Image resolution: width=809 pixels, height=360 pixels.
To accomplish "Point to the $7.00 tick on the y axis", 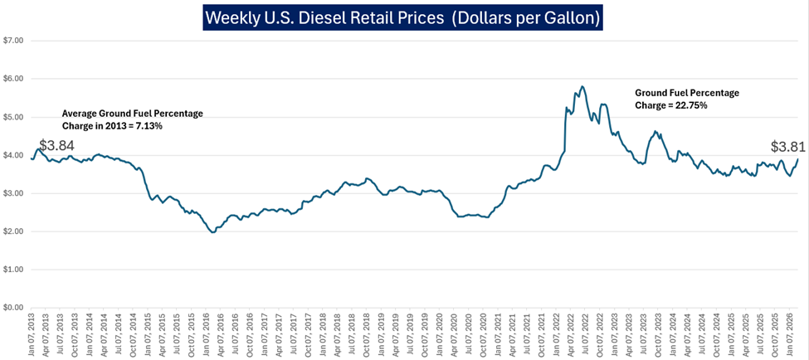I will click(x=13, y=40).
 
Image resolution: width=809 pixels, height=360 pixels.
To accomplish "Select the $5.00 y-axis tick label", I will click(x=13, y=117).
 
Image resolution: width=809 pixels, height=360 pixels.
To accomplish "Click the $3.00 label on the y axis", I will click(x=13, y=193).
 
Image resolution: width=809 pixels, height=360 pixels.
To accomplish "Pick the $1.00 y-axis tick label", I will click(x=13, y=270).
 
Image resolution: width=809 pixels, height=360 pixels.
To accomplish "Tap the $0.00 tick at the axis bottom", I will click(x=13, y=308).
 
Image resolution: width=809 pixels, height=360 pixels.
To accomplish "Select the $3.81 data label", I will click(x=787, y=147).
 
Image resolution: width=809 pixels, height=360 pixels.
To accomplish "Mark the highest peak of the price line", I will click(x=582, y=86).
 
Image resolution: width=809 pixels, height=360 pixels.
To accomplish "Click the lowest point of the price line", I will click(x=212, y=232).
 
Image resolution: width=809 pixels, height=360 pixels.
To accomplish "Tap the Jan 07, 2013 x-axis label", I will click(x=32, y=336).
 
